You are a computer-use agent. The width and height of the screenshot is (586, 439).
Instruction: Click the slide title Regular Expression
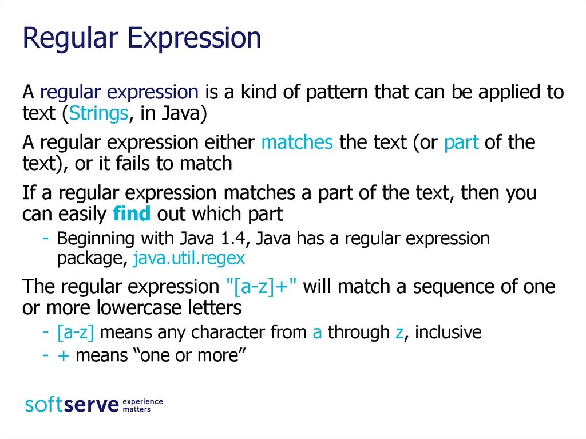pyautogui.click(x=141, y=38)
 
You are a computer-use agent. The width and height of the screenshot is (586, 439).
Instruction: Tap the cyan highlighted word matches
pyautogui.click(x=296, y=142)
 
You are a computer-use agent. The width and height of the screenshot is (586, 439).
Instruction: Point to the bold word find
pyautogui.click(x=132, y=214)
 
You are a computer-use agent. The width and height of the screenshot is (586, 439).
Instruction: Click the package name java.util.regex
pyautogui.click(x=189, y=259)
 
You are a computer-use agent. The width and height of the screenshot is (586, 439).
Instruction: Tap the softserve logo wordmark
pyautogui.click(x=72, y=405)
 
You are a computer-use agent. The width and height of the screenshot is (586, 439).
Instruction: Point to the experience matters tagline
pyautogui.click(x=143, y=405)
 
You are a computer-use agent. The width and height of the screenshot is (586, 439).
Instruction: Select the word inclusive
pyautogui.click(x=448, y=332)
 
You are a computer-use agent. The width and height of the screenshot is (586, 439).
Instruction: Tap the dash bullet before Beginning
pyautogui.click(x=45, y=239)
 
